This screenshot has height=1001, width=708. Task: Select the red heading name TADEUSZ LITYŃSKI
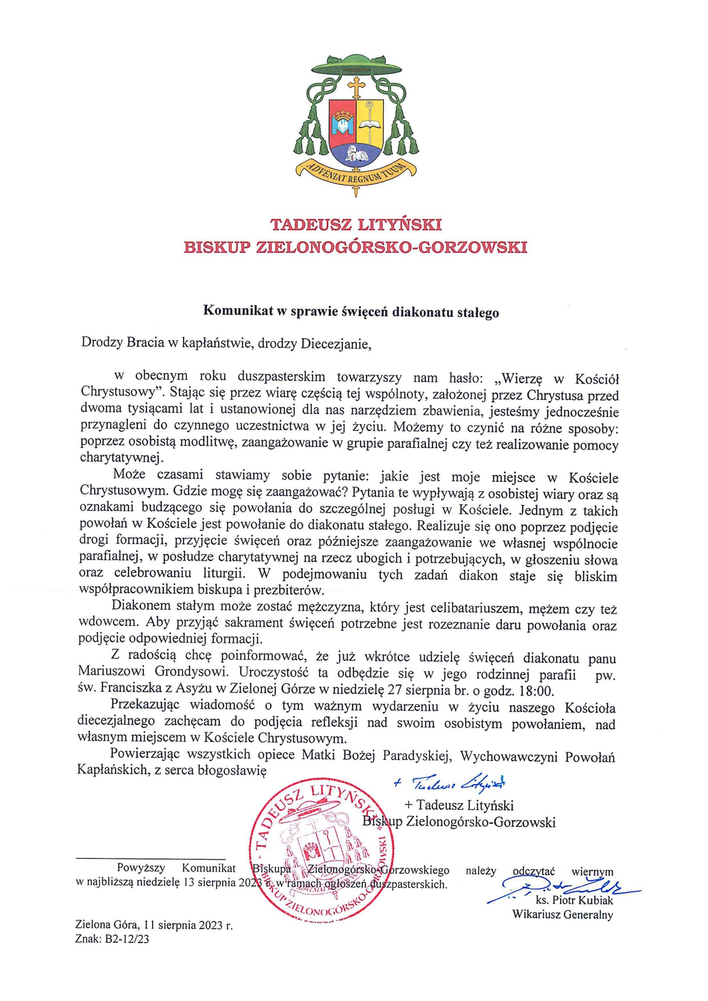pyautogui.click(x=356, y=225)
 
